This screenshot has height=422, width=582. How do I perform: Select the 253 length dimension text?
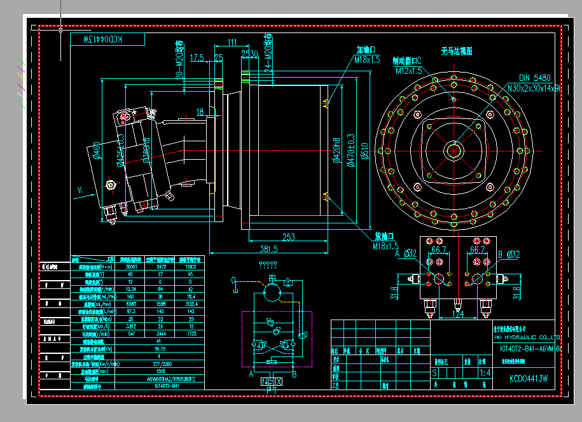[288, 237]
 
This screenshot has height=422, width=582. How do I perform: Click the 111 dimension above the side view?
[232, 43]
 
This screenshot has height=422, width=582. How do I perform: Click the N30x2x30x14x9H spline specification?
[534, 88]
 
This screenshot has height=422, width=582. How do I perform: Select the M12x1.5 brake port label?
[410, 71]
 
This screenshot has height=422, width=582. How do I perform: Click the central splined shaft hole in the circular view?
[454, 151]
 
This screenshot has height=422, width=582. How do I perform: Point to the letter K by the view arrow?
[80, 190]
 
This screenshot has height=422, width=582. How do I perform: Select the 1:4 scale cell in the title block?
[485, 372]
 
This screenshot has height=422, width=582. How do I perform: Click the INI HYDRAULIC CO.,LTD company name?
[527, 337]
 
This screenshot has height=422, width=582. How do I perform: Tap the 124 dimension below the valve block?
[457, 313]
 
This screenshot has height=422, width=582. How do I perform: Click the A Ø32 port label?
[406, 254]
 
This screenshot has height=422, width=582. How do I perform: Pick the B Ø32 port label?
[509, 254]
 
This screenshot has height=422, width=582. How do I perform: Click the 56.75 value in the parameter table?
[160, 349]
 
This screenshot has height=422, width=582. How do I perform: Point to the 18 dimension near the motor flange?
[200, 112]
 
